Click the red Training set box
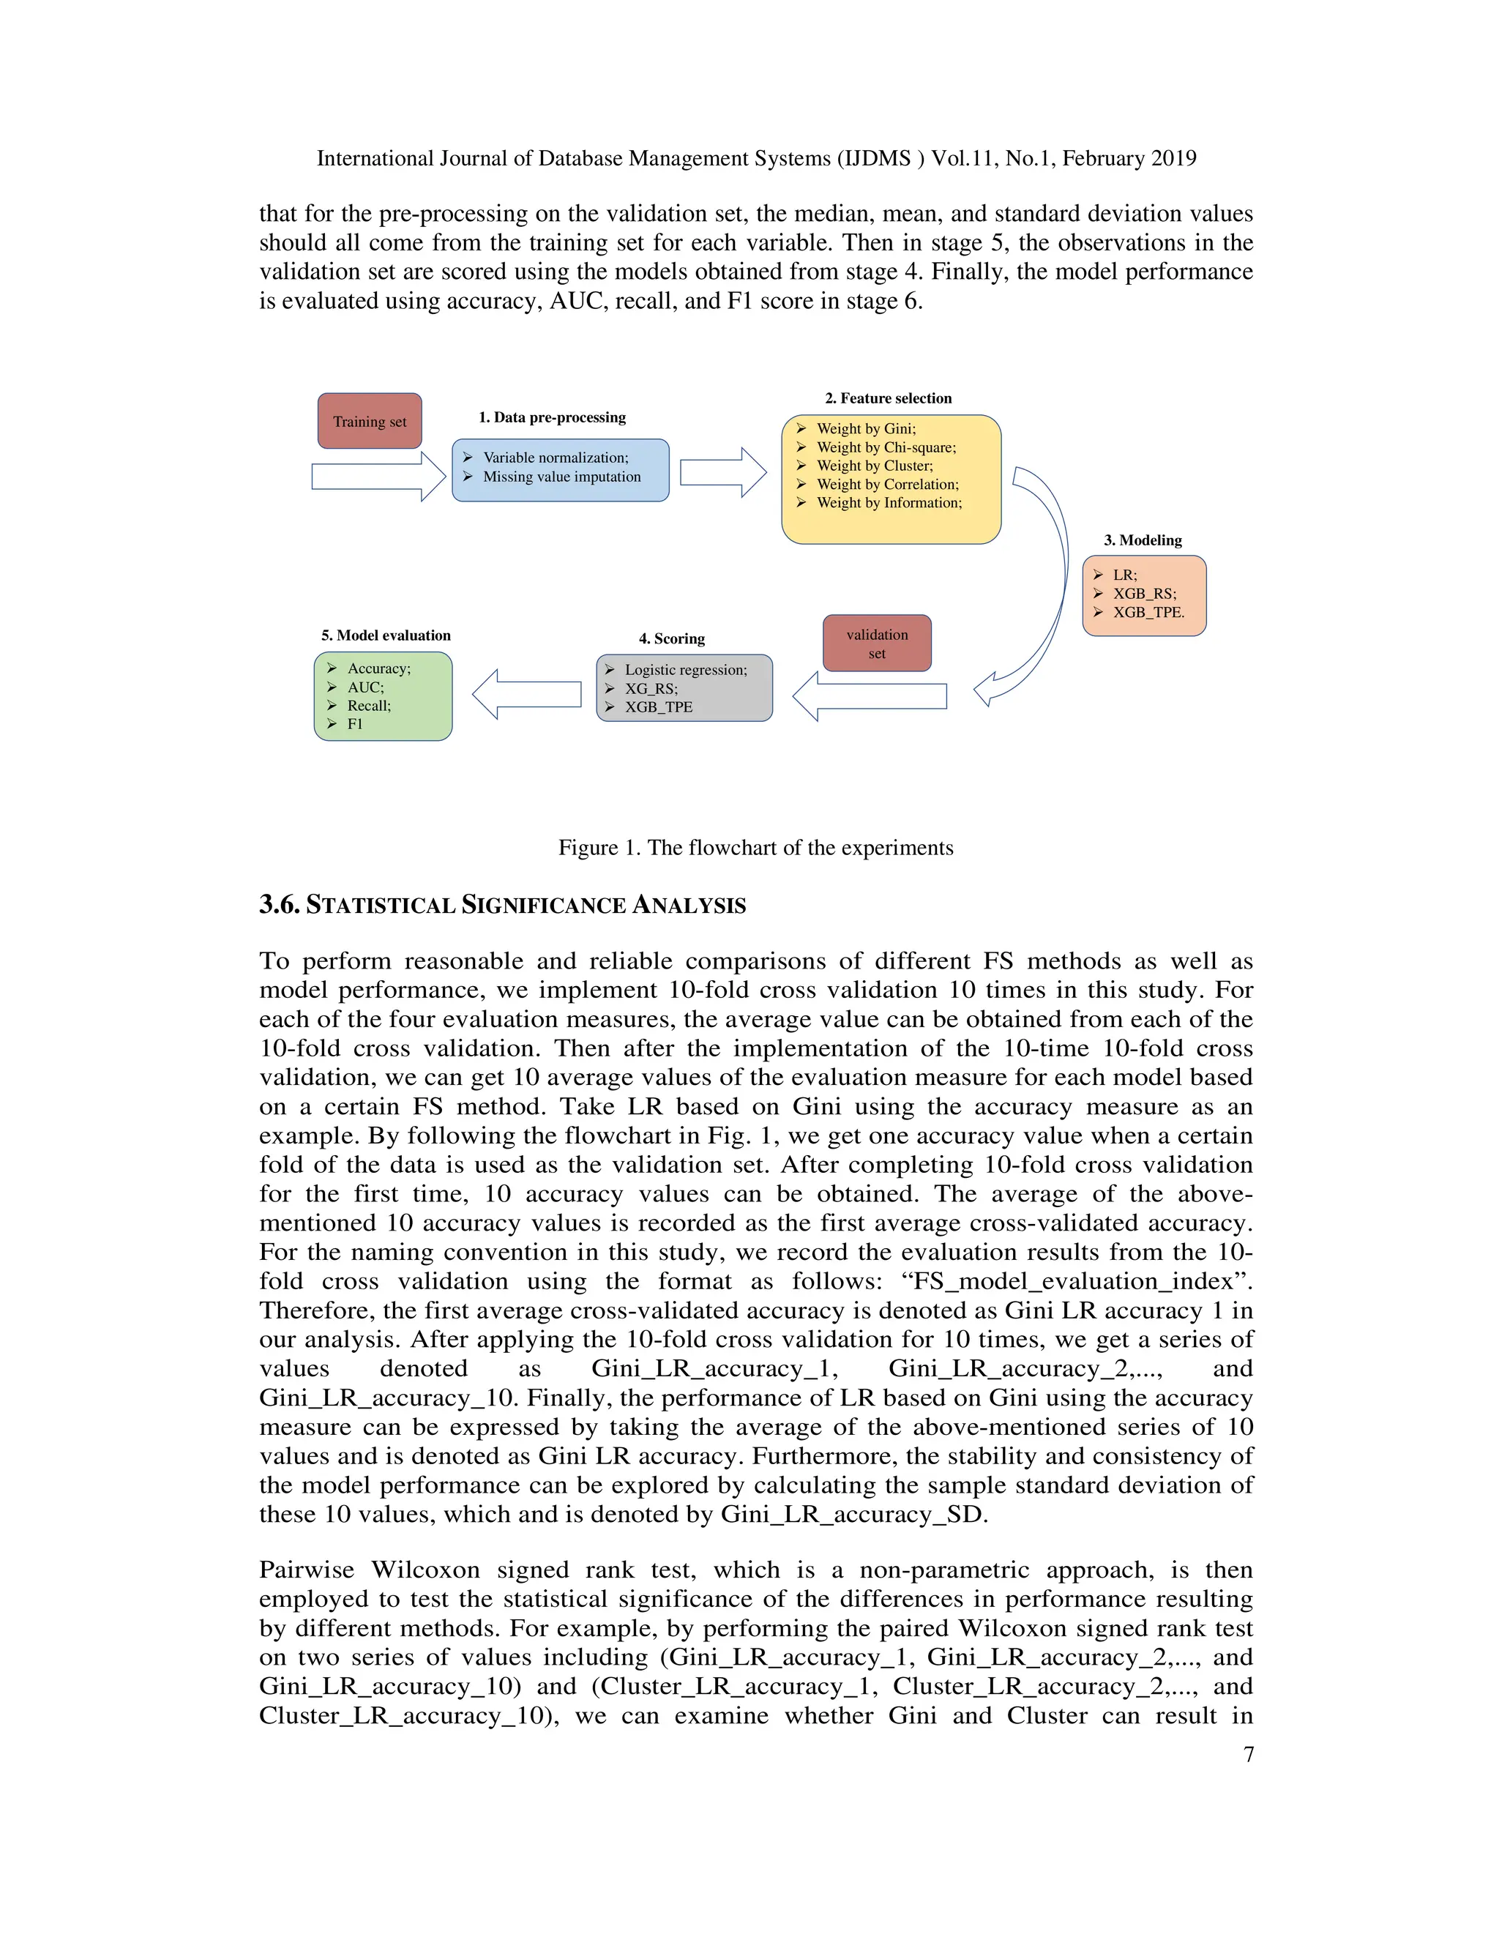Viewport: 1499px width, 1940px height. click(370, 421)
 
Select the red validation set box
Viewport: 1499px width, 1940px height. click(876, 643)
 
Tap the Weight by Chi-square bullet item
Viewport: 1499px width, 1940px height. click(886, 447)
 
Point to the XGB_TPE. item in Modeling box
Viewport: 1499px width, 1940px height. click(1148, 612)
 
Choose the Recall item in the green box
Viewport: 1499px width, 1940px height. click(369, 705)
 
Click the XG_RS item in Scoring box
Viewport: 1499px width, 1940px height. click(651, 688)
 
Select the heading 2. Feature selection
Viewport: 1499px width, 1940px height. click(888, 398)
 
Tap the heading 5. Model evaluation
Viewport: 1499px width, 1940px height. click(386, 635)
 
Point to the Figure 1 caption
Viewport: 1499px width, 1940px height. click(755, 848)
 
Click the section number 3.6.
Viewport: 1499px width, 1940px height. click(280, 904)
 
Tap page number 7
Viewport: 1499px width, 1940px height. click(1248, 1754)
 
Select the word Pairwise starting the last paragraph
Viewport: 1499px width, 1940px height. click(307, 1570)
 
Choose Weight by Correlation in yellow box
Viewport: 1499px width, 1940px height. click(887, 484)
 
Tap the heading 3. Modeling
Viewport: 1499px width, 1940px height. click(1142, 540)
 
